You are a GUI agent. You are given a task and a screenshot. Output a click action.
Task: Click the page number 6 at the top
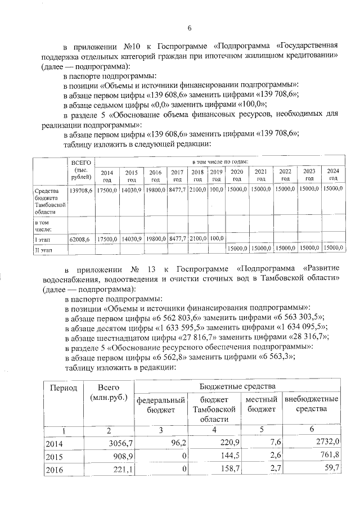point(190,29)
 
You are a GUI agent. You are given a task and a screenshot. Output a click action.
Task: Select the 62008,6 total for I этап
point(79,239)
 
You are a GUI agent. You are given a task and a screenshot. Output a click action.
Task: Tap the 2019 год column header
point(217,175)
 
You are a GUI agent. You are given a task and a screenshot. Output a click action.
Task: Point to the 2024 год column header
point(333,174)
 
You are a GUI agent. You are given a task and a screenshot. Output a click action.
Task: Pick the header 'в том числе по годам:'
point(218,161)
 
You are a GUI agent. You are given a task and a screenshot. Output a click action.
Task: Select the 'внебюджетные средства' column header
point(311,404)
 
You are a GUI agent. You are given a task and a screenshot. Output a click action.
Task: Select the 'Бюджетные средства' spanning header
point(237,386)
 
